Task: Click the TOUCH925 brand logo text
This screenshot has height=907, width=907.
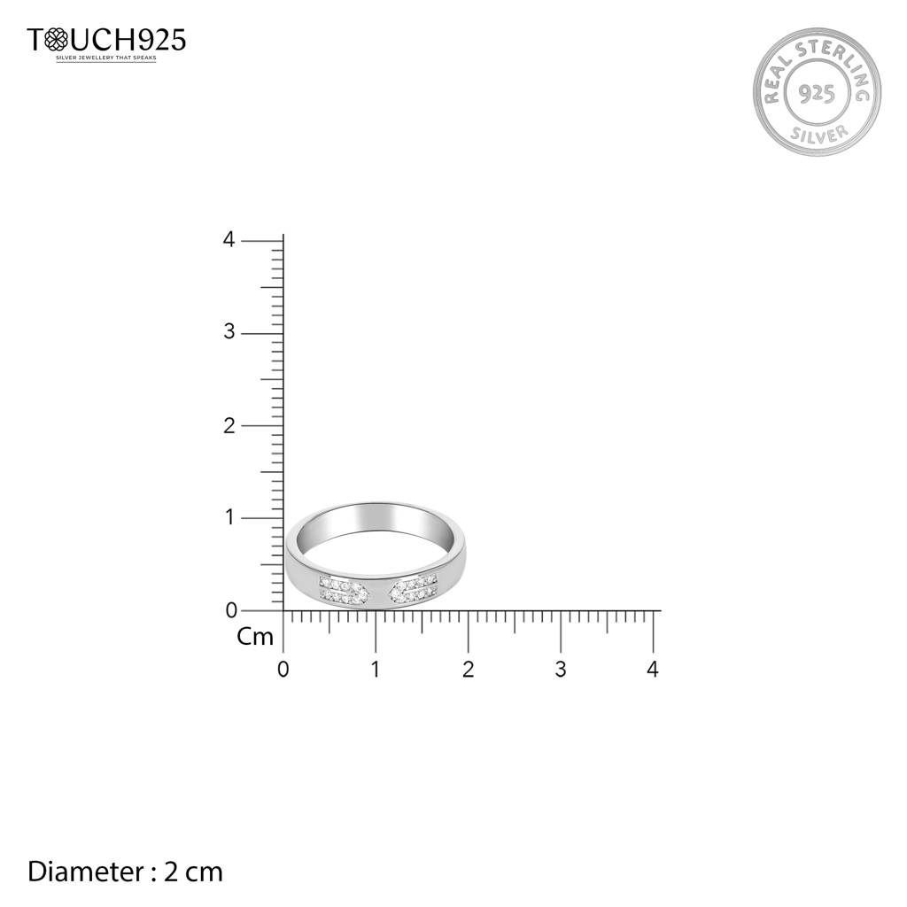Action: [106, 40]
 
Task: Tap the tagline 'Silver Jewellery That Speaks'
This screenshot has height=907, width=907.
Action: [106, 58]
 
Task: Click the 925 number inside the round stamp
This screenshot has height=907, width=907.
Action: [816, 93]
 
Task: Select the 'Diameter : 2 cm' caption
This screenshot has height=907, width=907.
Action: [125, 872]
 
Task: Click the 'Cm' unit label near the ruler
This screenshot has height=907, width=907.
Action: [254, 637]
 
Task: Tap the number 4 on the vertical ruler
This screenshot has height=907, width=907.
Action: [229, 239]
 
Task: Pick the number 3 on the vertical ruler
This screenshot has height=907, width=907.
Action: [229, 332]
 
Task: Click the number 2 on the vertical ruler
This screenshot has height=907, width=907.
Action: [229, 425]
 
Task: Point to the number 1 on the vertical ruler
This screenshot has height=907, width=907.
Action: [229, 517]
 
